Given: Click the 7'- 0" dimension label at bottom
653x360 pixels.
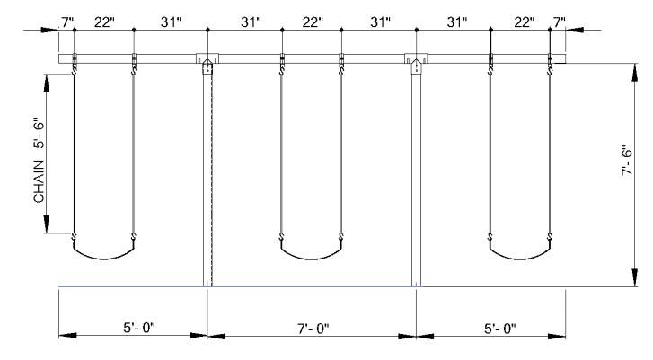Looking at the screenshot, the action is [313, 329].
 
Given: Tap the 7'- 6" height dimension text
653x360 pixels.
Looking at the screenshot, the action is [627, 161].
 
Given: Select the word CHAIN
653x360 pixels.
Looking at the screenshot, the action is [40, 182].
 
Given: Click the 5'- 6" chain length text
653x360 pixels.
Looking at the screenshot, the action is [40, 136].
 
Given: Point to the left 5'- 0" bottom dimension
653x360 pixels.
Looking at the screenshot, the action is [139, 328].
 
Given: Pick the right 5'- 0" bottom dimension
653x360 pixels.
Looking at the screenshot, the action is [499, 329].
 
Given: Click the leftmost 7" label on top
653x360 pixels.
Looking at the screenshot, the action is [67, 22].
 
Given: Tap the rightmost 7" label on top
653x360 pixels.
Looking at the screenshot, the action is [560, 22].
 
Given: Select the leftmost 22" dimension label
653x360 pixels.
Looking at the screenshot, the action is [104, 22].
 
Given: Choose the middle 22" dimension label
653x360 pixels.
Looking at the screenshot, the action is [313, 22].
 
